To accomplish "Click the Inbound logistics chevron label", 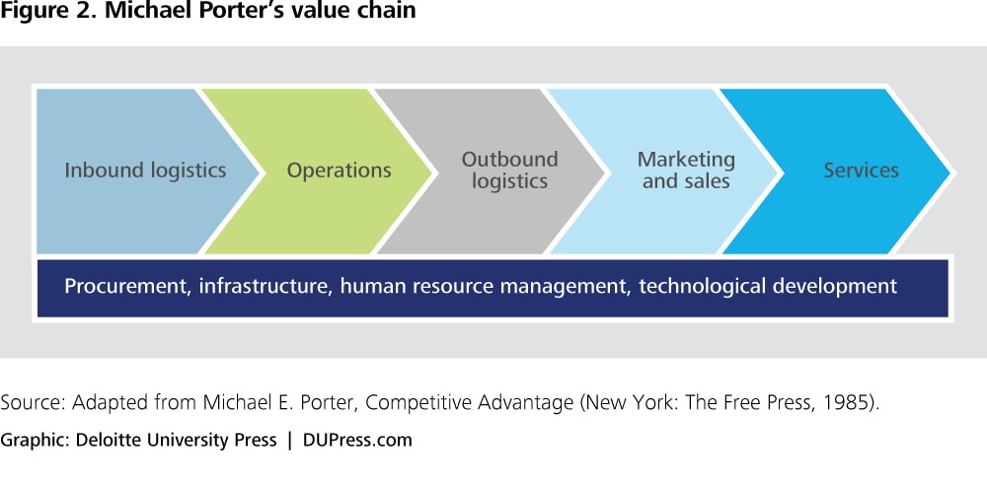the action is coord(145,171).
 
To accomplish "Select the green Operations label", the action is coord(340,171).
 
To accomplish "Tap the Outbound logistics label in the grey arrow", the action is coord(510,171).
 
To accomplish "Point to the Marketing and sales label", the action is coord(686,171).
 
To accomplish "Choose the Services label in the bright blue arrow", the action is coord(861,171).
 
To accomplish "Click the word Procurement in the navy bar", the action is coord(126,286).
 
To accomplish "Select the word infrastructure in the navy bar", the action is coord(265,286).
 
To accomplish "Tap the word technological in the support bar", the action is coord(700,287).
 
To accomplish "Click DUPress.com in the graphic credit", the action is coord(357,440).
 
